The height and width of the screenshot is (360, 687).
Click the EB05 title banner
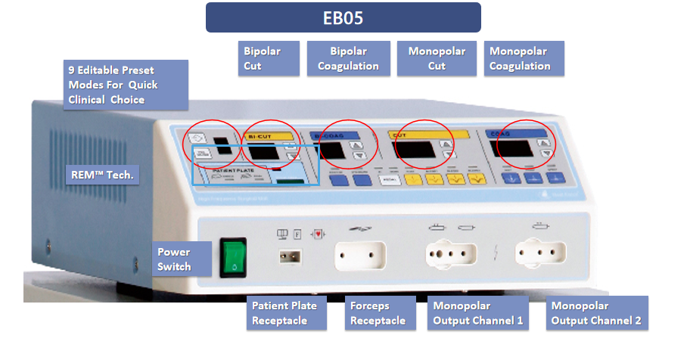(343, 17)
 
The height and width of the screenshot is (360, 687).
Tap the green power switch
(234, 259)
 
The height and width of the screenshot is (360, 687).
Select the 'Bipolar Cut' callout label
(269, 59)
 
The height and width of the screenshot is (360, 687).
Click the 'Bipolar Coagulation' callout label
(348, 59)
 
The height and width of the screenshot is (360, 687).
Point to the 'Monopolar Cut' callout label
(437, 59)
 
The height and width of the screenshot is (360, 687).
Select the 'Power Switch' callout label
(175, 259)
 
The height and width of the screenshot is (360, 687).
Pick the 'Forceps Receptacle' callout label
(379, 313)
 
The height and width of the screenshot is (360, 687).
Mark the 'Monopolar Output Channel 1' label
(477, 313)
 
